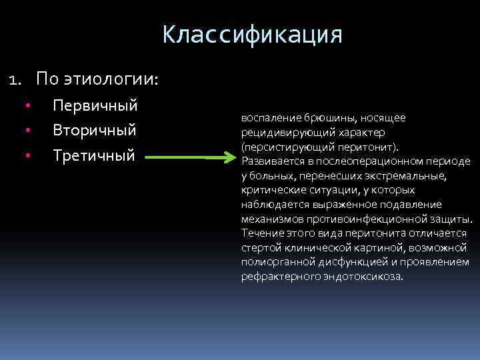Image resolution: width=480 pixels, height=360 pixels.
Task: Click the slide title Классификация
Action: coord(252,34)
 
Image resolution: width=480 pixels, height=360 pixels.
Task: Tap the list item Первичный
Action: coord(95,105)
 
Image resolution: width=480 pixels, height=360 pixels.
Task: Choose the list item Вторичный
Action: coord(95,130)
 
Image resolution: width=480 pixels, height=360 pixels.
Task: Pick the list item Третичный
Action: coord(94,155)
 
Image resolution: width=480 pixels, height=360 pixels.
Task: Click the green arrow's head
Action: coord(230,159)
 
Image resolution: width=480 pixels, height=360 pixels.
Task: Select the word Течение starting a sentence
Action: coord(262,233)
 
